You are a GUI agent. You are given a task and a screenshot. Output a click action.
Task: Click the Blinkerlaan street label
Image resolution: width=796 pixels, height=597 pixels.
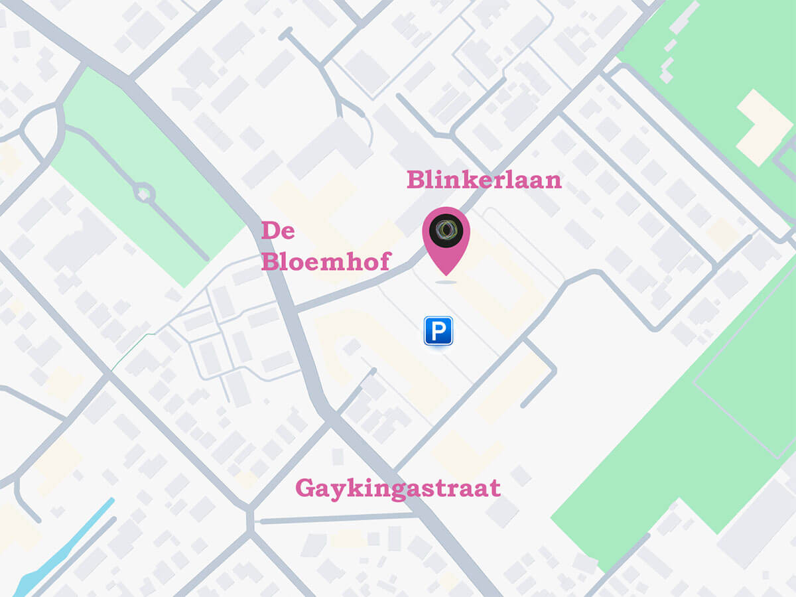484,180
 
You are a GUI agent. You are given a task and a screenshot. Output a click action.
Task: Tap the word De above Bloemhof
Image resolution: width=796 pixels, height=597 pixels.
278,231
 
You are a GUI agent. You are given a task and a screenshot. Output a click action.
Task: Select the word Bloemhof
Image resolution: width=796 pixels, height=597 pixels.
325,261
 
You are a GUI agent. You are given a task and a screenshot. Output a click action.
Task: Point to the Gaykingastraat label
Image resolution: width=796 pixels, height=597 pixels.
397,488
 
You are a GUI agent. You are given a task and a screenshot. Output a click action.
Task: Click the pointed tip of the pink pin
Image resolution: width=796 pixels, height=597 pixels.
446,274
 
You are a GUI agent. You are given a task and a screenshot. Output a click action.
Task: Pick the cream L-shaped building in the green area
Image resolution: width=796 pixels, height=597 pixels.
763,126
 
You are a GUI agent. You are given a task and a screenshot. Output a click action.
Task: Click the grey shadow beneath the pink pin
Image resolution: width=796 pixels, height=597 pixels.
446,282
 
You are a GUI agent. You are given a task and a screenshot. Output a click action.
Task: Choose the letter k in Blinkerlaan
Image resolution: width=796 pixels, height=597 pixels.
472,179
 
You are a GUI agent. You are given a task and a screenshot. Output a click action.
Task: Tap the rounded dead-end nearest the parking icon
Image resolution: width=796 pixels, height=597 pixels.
373,371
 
